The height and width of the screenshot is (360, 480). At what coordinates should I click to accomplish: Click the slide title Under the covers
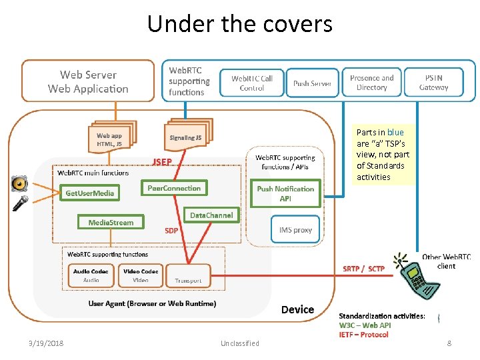[x=239, y=24]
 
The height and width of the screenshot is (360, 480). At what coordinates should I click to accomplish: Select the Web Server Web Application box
[x=88, y=81]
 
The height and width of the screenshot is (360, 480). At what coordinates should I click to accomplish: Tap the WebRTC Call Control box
[x=252, y=83]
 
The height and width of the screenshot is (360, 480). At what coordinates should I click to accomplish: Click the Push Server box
[x=312, y=83]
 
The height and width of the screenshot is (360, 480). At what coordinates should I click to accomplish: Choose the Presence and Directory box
[x=371, y=83]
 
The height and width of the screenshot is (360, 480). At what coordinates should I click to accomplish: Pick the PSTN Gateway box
[x=433, y=83]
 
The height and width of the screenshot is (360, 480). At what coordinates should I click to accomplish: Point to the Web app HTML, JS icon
[x=111, y=139]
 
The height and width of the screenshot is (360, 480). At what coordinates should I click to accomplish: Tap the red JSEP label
[x=162, y=161]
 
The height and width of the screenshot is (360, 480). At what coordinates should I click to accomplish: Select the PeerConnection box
[x=174, y=189]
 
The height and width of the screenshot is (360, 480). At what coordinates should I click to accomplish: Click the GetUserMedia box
[x=90, y=193]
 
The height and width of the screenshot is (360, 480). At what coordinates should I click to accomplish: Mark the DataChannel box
[x=211, y=215]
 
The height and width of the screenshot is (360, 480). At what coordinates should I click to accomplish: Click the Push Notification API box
[x=285, y=193]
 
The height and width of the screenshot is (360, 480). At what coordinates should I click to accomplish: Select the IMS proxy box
[x=292, y=231]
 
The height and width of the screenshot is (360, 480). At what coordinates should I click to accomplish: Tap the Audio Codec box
[x=91, y=275]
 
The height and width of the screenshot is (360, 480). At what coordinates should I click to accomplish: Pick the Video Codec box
[x=141, y=275]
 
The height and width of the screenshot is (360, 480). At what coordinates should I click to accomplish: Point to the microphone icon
[x=20, y=203]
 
